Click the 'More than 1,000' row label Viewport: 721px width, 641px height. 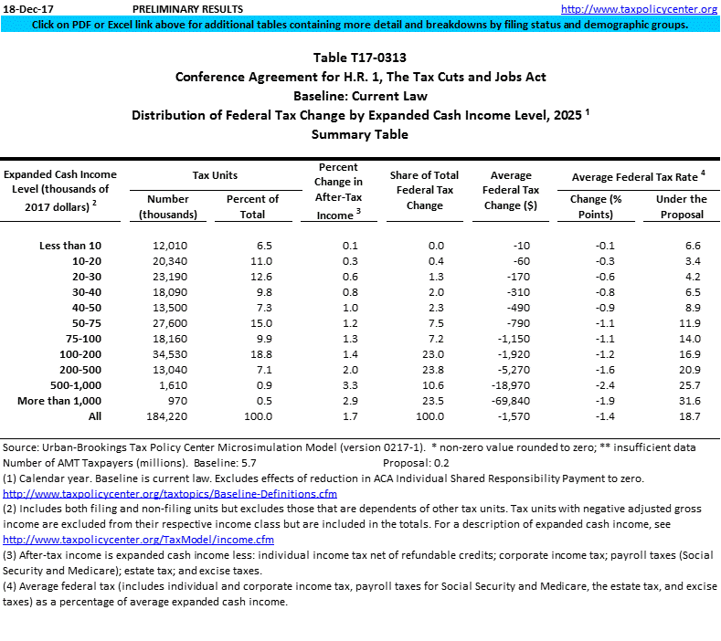click(x=58, y=401)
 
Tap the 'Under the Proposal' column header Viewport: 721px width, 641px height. click(x=681, y=206)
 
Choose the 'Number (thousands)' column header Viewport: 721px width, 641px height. click(x=167, y=206)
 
